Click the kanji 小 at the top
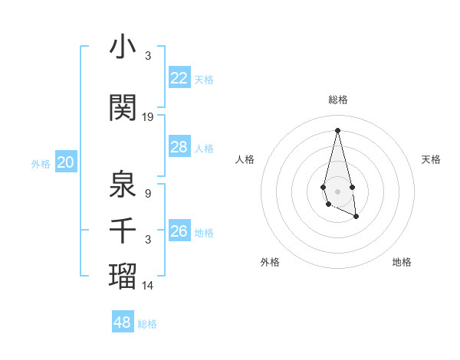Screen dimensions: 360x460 [x=123, y=47]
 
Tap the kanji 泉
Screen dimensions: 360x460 [x=123, y=184]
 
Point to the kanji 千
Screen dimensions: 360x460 [x=123, y=230]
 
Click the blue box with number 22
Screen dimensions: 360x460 [x=179, y=78]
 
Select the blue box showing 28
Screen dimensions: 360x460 [x=179, y=147]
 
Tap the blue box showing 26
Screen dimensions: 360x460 [x=179, y=231]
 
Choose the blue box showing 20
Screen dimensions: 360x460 [x=66, y=162]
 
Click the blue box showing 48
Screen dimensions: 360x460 [x=123, y=322]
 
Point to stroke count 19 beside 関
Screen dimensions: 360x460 [x=148, y=117]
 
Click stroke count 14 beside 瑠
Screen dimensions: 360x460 [x=148, y=286]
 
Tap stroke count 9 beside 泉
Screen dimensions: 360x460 [x=148, y=194]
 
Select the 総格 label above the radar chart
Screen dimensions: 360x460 [x=338, y=100]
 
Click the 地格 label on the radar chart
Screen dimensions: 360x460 [x=402, y=263]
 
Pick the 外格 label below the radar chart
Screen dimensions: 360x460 [x=270, y=263]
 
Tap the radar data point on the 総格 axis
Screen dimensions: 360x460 [x=338, y=129]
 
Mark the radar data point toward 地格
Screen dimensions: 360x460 [x=356, y=217]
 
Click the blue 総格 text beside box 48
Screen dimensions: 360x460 [x=147, y=324]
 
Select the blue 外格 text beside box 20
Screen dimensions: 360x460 [x=41, y=164]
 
